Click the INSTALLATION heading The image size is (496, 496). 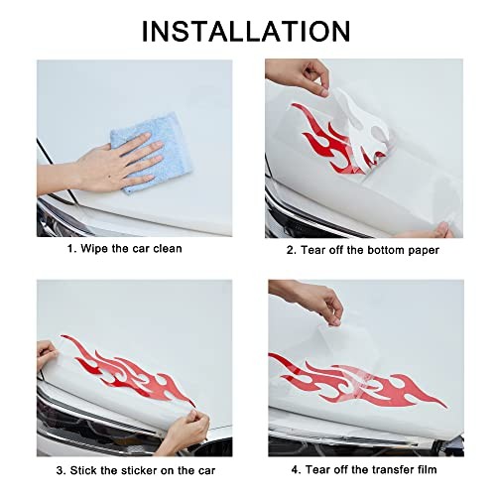246,31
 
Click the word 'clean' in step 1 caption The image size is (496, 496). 168,248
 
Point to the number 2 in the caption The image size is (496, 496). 291,250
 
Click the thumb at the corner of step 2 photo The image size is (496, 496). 442,229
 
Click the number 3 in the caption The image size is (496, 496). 61,470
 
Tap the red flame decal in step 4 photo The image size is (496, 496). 357,380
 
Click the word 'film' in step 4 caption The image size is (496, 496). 425,469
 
